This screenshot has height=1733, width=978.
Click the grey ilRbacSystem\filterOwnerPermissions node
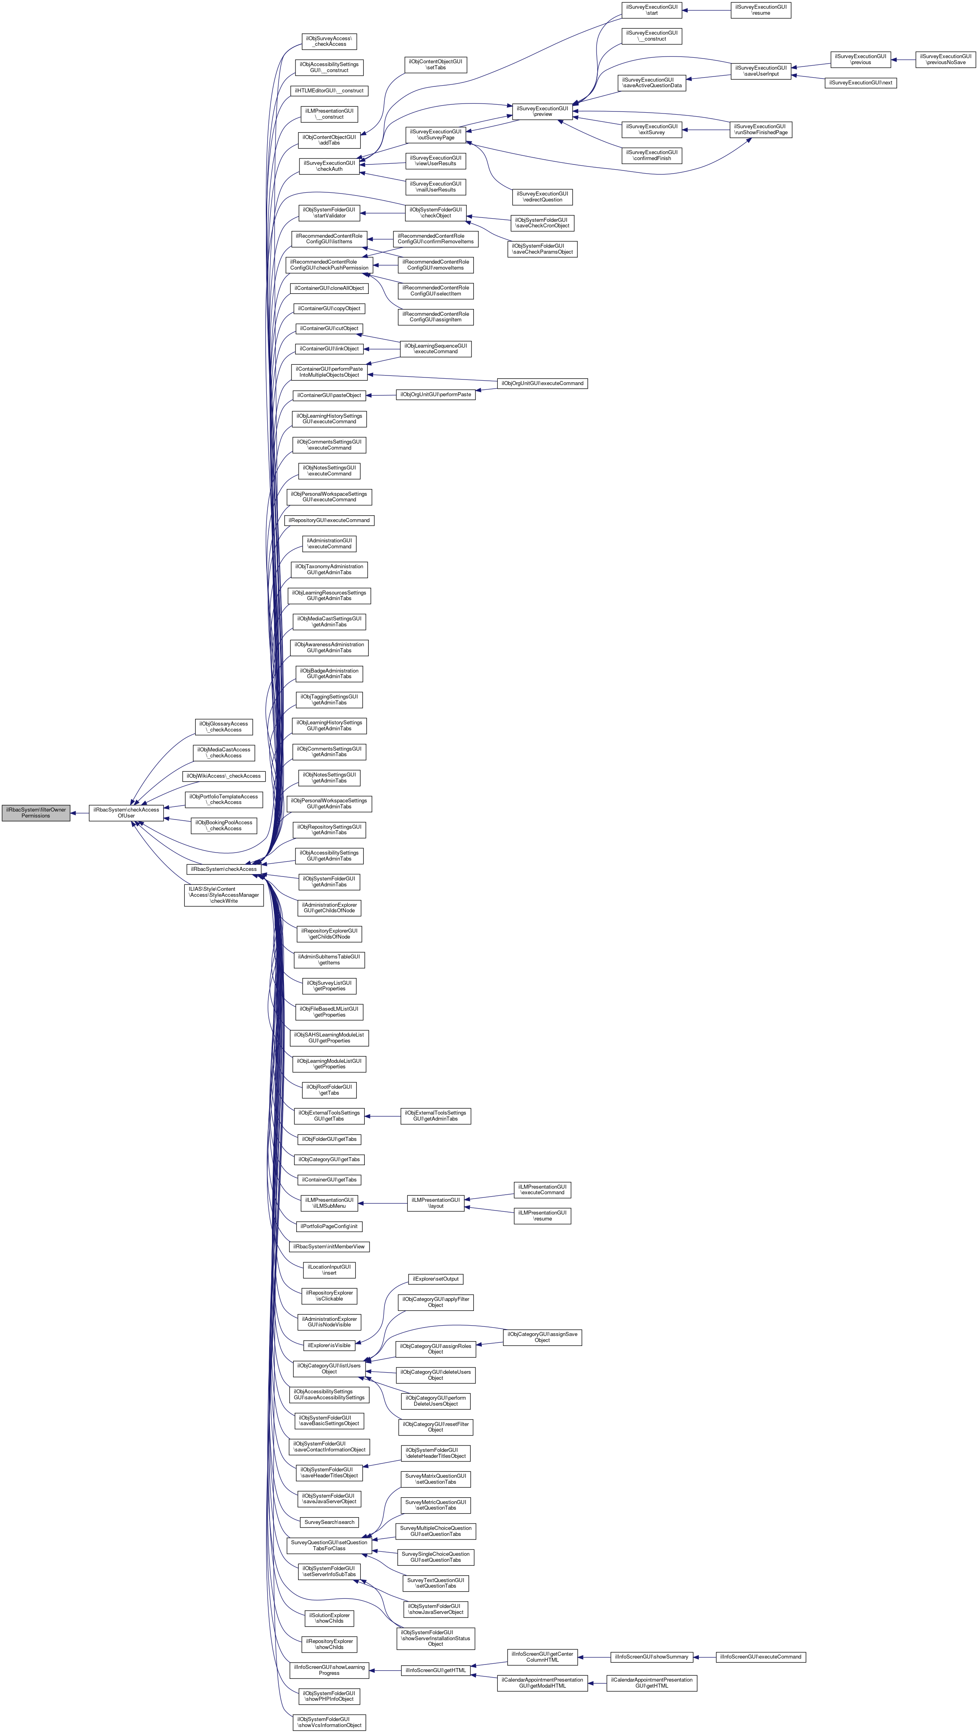tap(36, 813)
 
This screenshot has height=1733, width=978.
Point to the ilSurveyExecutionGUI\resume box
tap(761, 10)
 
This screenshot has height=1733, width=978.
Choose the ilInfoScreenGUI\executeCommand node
tap(760, 1657)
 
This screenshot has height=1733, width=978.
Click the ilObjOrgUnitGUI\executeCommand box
tap(542, 383)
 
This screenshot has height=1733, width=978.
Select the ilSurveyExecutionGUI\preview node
tap(542, 111)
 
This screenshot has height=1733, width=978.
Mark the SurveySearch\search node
tap(329, 1522)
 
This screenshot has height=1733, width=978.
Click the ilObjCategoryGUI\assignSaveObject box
tap(542, 1338)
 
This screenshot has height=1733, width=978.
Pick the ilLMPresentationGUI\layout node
tap(436, 1203)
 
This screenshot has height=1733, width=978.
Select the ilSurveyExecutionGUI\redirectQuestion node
tap(542, 196)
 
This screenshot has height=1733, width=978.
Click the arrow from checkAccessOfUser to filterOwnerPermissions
tap(79, 813)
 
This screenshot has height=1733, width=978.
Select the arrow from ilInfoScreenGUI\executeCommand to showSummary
tap(704, 1657)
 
